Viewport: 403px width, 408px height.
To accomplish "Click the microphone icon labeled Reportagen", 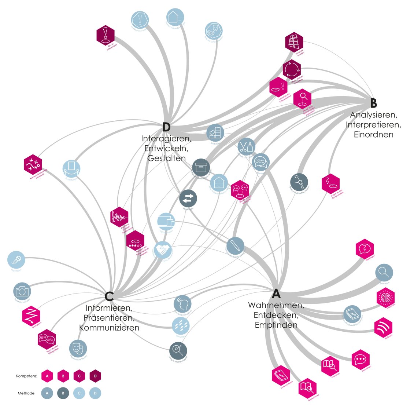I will coord(16,260).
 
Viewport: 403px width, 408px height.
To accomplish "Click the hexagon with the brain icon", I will coord(385,298).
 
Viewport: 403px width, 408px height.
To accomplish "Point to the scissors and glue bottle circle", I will coord(246,146).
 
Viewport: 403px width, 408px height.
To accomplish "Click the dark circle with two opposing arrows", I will coord(188,198).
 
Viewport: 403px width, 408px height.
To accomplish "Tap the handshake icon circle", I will coord(163,250).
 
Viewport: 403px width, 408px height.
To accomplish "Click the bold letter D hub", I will coord(166,127).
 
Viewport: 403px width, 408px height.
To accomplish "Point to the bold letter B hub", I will coord(373,103).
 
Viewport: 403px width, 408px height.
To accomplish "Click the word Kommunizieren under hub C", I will coord(109,328).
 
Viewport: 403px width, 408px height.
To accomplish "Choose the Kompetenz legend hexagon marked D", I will coord(95,376).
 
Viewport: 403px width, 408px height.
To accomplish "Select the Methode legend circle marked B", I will coord(63,393).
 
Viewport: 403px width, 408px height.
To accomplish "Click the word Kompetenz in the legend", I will coord(26,376).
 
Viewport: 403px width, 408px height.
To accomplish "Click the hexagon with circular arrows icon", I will coord(292,70).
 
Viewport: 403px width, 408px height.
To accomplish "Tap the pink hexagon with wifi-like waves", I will coord(383,328).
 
